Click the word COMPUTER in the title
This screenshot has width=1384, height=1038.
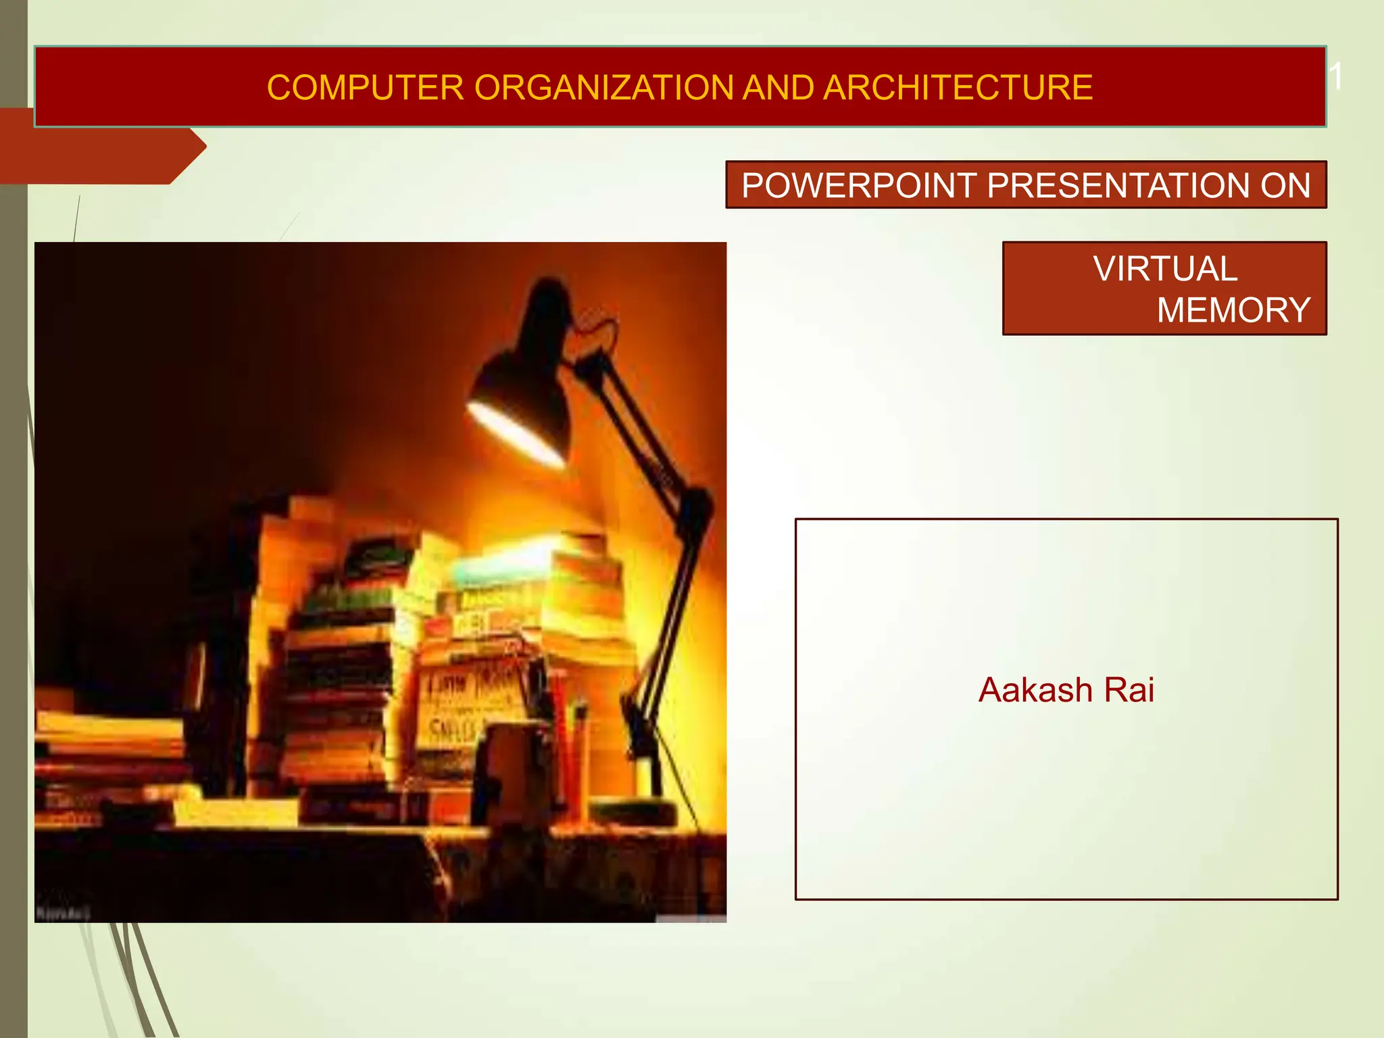coord(365,88)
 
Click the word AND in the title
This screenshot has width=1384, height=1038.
coord(777,88)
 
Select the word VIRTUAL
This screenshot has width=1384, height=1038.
coord(1165,269)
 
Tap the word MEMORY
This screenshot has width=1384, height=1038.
coord(1233,310)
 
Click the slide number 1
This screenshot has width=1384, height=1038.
coord(1336,76)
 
